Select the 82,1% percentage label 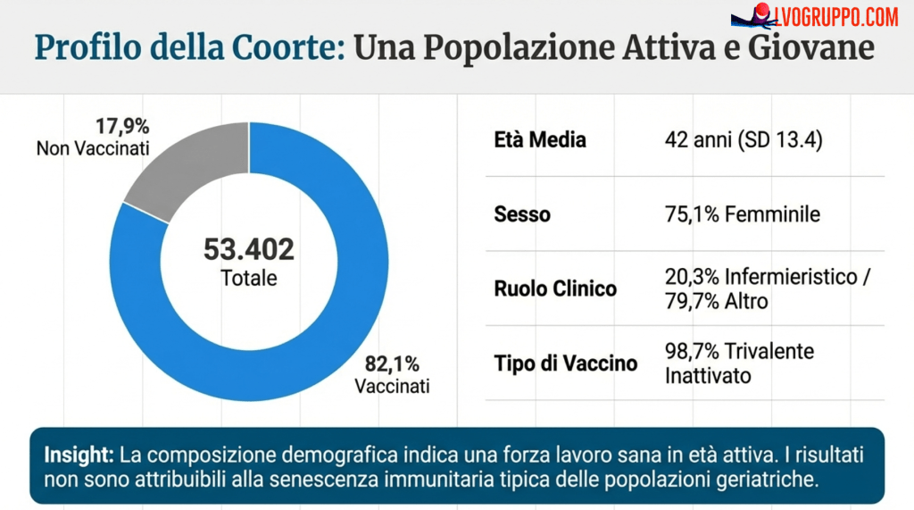click(392, 364)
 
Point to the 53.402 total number click(249, 250)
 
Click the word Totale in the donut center click(249, 279)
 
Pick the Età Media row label click(540, 140)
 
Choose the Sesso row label click(522, 214)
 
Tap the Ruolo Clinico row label click(555, 288)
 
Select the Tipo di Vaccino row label click(566, 363)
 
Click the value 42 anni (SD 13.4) click(742, 140)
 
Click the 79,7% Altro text click(716, 301)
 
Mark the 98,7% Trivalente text click(739, 351)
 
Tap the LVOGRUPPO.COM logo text click(837, 16)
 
